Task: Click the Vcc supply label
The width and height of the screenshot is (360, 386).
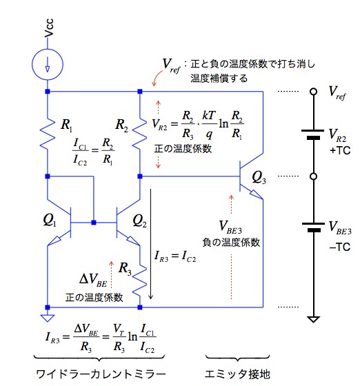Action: [x=49, y=28]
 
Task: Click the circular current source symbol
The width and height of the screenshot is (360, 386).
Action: [x=48, y=64]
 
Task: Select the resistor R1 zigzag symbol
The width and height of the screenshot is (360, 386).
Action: [x=48, y=134]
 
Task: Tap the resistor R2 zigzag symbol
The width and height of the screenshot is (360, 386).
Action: [x=139, y=134]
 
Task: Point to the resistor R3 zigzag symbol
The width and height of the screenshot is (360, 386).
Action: [x=139, y=279]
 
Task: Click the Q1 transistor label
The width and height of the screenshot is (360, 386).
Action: [x=50, y=220]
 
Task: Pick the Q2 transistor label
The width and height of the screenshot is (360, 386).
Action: [x=139, y=221]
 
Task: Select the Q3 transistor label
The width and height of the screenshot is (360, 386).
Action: [x=259, y=178]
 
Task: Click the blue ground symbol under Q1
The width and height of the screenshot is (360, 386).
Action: [x=48, y=318]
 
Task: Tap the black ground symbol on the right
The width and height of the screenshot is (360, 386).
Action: [x=314, y=319]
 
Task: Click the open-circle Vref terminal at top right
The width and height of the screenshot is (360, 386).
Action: [x=314, y=92]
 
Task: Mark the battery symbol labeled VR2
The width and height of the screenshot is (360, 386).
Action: [x=313, y=134]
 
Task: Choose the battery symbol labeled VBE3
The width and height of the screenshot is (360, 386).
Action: [x=313, y=227]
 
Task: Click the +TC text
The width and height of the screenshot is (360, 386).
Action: [x=340, y=150]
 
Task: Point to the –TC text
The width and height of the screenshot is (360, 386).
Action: [x=340, y=247]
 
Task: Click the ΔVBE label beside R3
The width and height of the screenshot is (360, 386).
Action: [x=93, y=280]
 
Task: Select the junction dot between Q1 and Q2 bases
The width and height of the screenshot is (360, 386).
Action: [x=94, y=223]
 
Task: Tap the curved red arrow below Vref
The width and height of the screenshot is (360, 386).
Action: [x=157, y=78]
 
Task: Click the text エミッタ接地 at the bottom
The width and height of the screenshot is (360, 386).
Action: [x=237, y=374]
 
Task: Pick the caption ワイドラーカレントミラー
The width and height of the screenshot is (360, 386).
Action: [x=101, y=374]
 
